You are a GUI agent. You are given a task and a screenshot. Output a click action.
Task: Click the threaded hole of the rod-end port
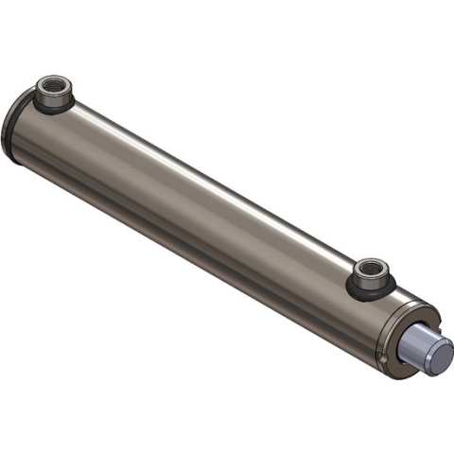(x=370, y=273)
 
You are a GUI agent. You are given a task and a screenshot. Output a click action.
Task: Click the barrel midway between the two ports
(x=208, y=199)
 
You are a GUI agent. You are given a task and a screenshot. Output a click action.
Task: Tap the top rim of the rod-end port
(x=370, y=266)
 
